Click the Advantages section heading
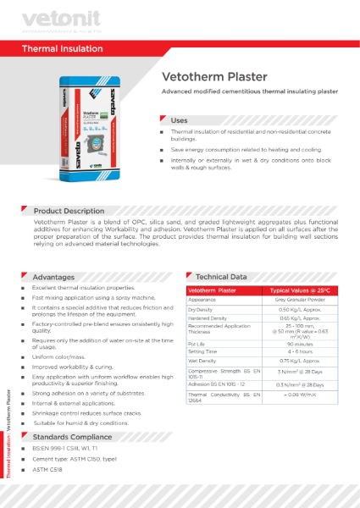click(x=53, y=277)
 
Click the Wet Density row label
click(x=203, y=361)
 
